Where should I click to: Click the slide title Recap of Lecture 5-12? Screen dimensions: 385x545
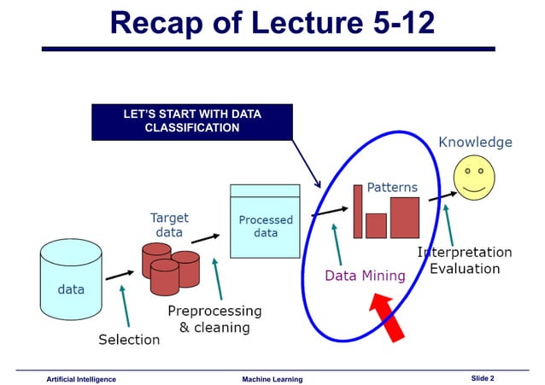[x=272, y=23]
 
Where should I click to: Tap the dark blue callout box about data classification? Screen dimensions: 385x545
[x=192, y=121]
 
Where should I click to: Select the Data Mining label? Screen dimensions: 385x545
[x=364, y=276]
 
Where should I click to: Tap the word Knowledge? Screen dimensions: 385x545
[x=475, y=142]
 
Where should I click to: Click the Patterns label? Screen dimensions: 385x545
[x=392, y=187]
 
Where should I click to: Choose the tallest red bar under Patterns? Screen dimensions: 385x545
[x=357, y=211]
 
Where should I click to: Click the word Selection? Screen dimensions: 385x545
[x=129, y=339]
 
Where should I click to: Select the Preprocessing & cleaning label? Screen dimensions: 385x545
[x=214, y=318]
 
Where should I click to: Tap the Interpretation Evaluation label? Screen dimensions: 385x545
[x=465, y=260]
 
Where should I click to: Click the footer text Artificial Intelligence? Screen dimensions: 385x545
[x=81, y=378]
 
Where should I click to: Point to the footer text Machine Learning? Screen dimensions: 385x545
[x=272, y=378]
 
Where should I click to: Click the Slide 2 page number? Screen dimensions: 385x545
[x=483, y=377]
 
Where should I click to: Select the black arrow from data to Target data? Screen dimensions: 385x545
[x=119, y=276]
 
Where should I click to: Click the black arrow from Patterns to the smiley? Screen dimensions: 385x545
[x=440, y=197]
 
